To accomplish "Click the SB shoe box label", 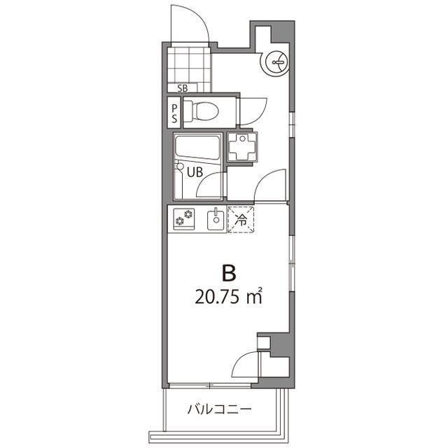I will click(x=183, y=88).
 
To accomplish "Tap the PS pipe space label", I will click(x=174, y=113).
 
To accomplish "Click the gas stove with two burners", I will click(x=183, y=219).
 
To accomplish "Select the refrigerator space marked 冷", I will click(x=241, y=220).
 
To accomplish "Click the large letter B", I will click(x=227, y=272).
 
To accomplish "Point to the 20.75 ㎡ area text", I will click(x=228, y=296).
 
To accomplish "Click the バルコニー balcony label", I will click(x=218, y=409).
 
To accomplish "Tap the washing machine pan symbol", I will click(x=244, y=146).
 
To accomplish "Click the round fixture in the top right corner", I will click(x=274, y=62).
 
